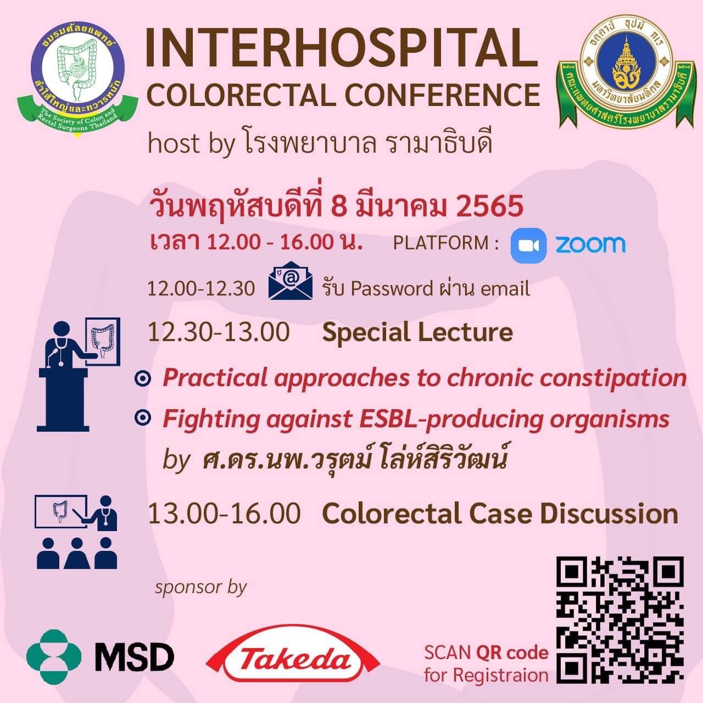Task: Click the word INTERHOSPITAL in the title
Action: tap(342, 50)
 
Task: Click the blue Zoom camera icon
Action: tap(528, 246)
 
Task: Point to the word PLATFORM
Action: tap(440, 243)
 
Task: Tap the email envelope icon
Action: tap(291, 281)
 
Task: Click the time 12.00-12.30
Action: tap(201, 289)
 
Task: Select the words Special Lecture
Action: tap(417, 333)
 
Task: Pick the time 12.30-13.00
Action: tap(219, 333)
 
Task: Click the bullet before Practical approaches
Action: tap(143, 378)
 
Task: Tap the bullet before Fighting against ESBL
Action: tap(143, 418)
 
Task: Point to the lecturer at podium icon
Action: tap(79, 375)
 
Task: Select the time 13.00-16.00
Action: tap(224, 514)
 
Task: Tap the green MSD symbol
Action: tap(54, 657)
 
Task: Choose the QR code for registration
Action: tap(620, 620)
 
